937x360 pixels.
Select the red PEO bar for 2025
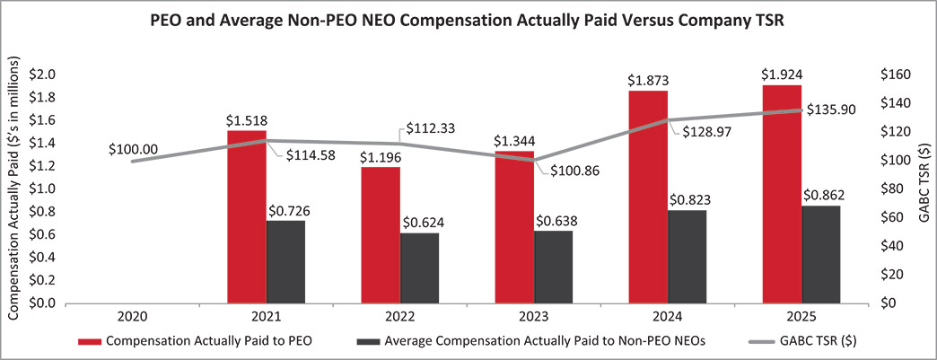pyautogui.click(x=782, y=194)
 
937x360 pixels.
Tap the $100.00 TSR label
pyautogui.click(x=132, y=148)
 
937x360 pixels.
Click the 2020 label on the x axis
pyautogui.click(x=132, y=317)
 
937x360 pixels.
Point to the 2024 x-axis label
pyautogui.click(x=667, y=317)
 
